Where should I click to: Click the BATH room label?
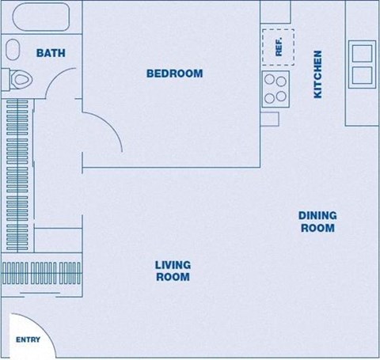click(x=51, y=54)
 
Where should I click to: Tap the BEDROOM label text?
click(x=174, y=74)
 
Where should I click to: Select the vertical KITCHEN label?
click(x=318, y=74)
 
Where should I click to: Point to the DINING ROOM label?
click(x=317, y=222)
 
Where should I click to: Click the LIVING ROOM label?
click(x=173, y=271)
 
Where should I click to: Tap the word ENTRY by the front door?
click(x=28, y=340)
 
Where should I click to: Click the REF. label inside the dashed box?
click(x=279, y=47)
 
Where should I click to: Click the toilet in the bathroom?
click(x=21, y=78)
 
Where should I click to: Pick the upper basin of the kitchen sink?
click(x=363, y=54)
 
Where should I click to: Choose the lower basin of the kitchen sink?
click(x=363, y=74)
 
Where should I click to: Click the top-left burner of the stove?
click(x=269, y=80)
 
